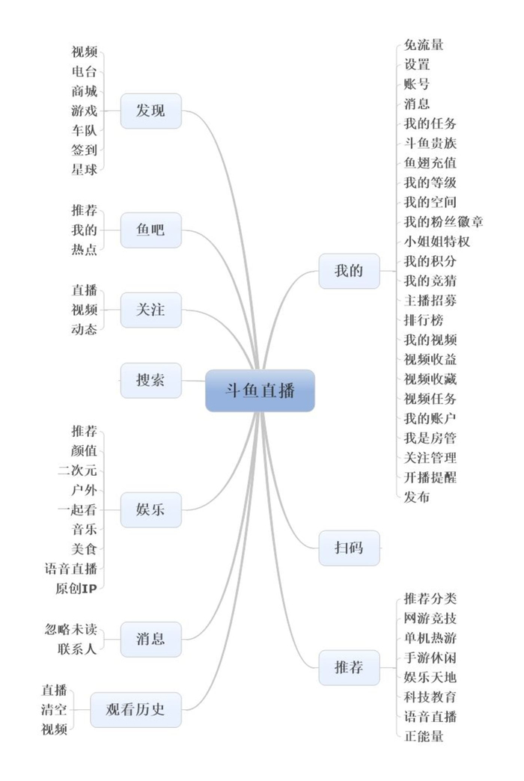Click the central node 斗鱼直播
(x=260, y=390)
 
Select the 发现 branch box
(x=150, y=111)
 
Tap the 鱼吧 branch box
(x=150, y=230)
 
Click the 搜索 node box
(x=150, y=380)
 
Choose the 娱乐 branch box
(x=150, y=510)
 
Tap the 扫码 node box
(x=349, y=548)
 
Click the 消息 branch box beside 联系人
(x=150, y=639)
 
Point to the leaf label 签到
(x=84, y=150)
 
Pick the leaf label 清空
(x=54, y=709)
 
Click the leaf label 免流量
(x=424, y=45)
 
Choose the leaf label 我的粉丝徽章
(x=443, y=221)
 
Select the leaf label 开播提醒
(x=430, y=477)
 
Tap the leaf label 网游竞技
(x=430, y=618)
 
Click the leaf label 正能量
(x=424, y=736)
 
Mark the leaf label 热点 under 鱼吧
(x=84, y=250)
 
